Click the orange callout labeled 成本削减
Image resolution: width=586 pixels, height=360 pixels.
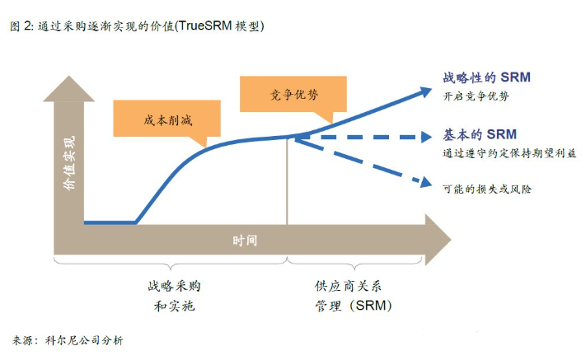(x=166, y=119)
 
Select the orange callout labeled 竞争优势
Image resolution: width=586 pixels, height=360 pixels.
(x=293, y=95)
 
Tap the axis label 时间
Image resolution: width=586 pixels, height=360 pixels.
(x=245, y=240)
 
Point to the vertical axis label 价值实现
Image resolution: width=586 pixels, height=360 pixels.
(x=69, y=163)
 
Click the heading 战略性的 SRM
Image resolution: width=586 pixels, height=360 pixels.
(x=486, y=77)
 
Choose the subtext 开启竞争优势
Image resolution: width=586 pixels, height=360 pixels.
(x=476, y=96)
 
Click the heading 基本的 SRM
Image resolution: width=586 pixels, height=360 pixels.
(x=480, y=134)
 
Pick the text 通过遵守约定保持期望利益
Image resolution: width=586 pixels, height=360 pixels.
(x=509, y=153)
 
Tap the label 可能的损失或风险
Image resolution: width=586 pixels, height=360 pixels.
(x=487, y=189)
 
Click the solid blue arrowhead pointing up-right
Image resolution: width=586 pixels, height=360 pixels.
(x=425, y=92)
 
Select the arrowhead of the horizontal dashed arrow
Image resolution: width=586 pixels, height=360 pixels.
(x=426, y=137)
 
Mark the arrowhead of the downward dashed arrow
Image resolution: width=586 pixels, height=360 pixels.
(x=425, y=182)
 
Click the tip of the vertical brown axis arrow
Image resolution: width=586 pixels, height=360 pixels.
(x=68, y=76)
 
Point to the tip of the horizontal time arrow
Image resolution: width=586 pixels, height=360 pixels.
(x=451, y=240)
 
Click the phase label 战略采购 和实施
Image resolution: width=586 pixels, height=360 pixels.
(x=174, y=296)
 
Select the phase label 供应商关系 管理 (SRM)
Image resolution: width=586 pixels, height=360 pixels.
(x=354, y=296)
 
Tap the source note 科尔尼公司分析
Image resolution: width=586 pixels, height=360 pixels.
(x=84, y=340)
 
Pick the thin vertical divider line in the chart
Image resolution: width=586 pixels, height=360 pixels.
(x=287, y=180)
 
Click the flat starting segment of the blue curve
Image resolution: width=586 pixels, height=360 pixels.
(x=110, y=222)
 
